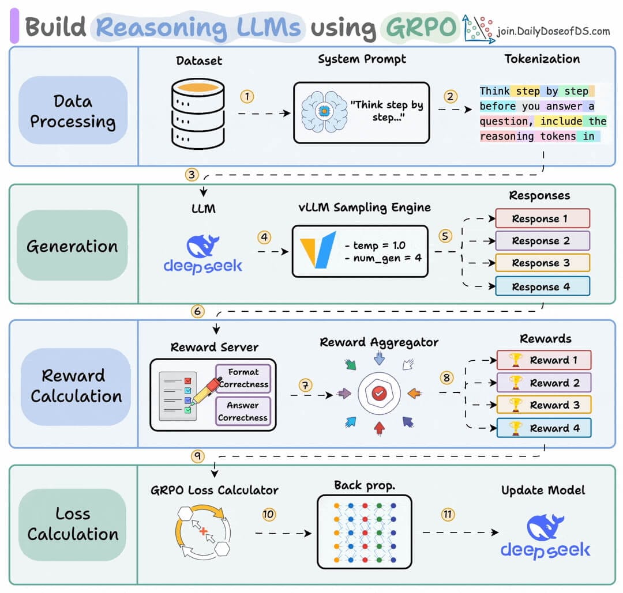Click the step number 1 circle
tap(247, 96)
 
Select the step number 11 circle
tap(448, 515)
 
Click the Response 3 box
tap(542, 263)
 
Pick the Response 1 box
tap(542, 218)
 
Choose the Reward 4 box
tap(543, 428)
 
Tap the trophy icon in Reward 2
tap(516, 383)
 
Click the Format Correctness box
tap(242, 378)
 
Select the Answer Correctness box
tap(242, 411)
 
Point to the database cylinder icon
tap(198, 115)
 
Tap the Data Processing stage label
tap(73, 111)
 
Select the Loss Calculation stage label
tap(73, 524)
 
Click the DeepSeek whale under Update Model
tap(546, 528)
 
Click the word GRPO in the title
tap(419, 27)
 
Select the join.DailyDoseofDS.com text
tap(553, 31)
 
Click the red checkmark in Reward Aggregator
tap(378, 393)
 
